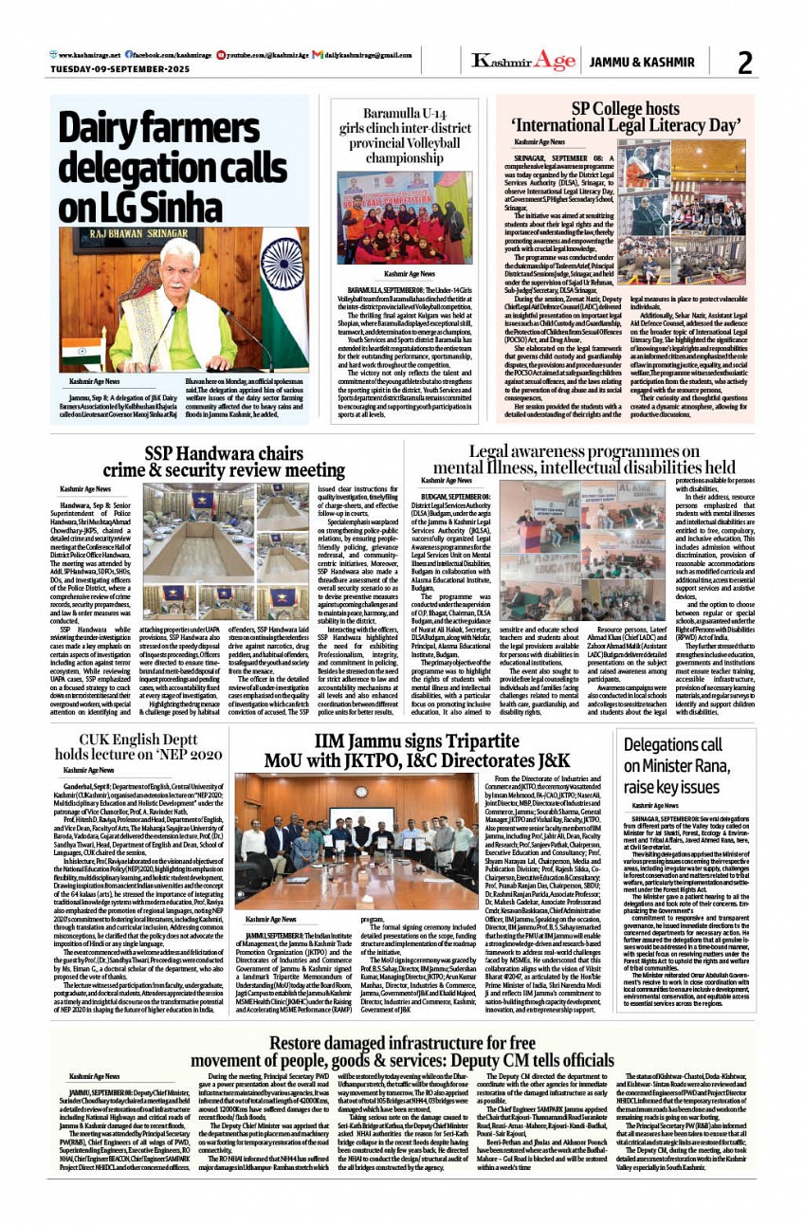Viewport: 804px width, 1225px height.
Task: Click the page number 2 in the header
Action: coord(744,63)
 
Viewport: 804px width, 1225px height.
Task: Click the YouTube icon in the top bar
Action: coord(221,56)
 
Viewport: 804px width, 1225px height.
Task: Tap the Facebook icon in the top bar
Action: coord(127,56)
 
